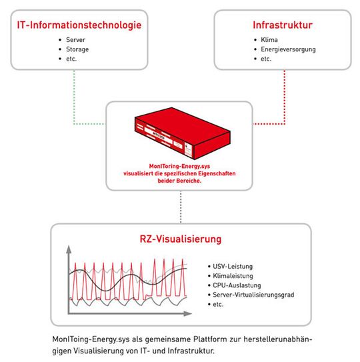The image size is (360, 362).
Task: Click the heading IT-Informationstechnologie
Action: (x=79, y=25)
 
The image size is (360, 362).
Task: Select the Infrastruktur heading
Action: (x=283, y=25)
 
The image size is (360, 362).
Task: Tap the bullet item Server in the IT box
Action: (x=76, y=40)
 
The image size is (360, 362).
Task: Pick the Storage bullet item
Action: (x=77, y=49)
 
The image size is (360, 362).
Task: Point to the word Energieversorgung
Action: (x=289, y=49)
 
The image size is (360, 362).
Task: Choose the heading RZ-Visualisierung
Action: (x=181, y=238)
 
